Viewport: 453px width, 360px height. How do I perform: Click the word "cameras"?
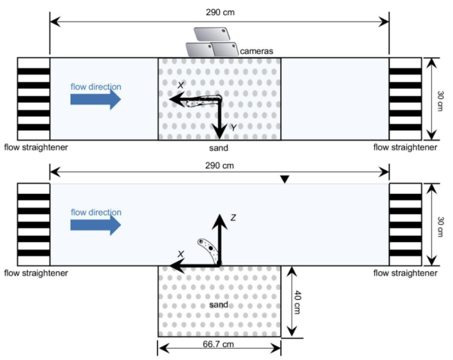255,51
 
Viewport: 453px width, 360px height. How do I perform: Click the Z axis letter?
233,218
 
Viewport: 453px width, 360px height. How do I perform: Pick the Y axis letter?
233,129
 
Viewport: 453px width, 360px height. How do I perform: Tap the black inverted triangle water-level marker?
284,180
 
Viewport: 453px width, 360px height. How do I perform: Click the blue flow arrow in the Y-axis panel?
95,98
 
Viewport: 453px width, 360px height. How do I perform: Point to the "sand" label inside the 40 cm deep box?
219,305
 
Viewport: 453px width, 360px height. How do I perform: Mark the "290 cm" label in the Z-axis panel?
219,165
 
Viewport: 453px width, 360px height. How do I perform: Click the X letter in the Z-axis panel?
180,254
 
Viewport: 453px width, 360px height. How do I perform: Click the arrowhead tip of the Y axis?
219,138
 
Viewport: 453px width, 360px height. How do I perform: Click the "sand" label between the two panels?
219,149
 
